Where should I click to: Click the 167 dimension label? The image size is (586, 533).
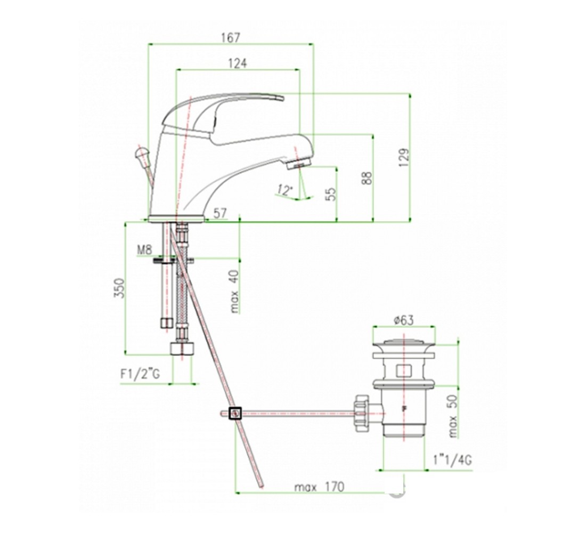[x=231, y=38]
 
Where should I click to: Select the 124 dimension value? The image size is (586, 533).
[x=238, y=63]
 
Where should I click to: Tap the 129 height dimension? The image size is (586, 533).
[x=404, y=157]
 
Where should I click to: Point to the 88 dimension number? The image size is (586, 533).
[x=367, y=178]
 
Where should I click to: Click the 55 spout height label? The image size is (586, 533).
[x=331, y=194]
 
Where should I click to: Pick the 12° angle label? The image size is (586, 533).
[x=284, y=190]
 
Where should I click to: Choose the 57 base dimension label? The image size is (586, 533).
[x=221, y=213]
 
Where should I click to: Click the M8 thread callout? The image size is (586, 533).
[x=144, y=249]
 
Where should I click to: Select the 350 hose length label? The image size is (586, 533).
[x=119, y=288]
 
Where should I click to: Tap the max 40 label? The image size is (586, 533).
[x=234, y=292]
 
